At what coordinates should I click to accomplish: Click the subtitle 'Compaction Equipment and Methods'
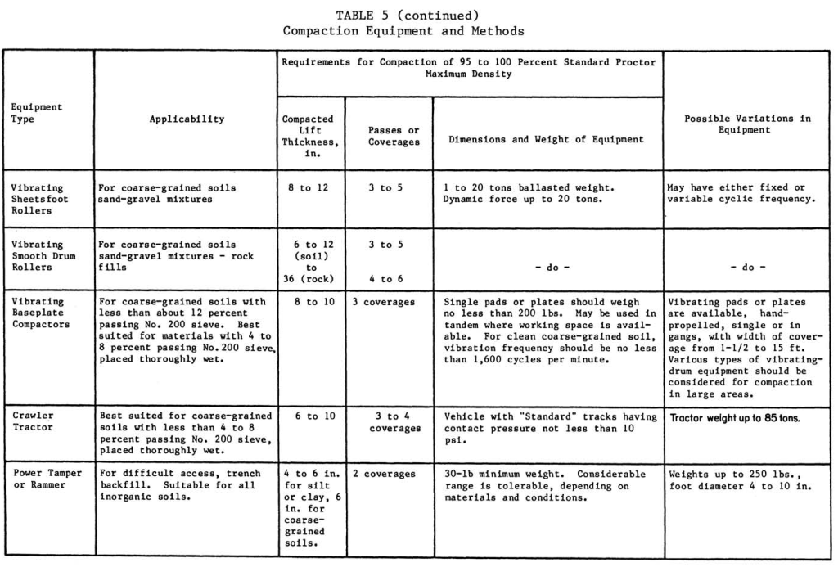[403, 31]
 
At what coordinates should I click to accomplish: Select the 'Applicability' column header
[187, 119]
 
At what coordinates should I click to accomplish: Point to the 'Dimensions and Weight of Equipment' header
[546, 139]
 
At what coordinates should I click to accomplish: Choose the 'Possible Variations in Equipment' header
[747, 124]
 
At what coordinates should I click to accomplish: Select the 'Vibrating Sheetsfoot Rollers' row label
[38, 199]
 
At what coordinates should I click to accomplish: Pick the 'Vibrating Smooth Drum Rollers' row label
[38, 255]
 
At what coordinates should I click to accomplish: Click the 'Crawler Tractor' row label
[33, 421]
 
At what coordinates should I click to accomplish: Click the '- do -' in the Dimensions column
[547, 267]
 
